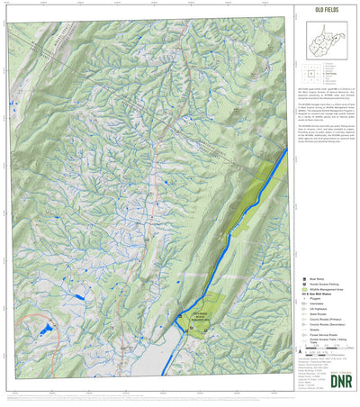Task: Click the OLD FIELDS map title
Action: pyautogui.click(x=326, y=12)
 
